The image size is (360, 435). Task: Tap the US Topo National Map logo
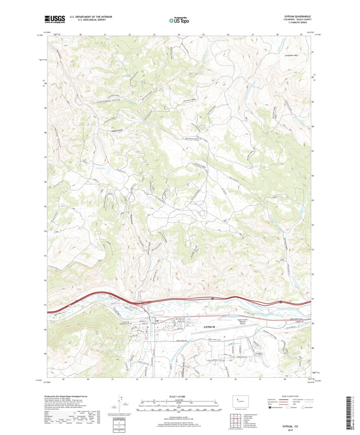pos(179,19)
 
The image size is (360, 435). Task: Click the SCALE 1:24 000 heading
pos(179,396)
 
